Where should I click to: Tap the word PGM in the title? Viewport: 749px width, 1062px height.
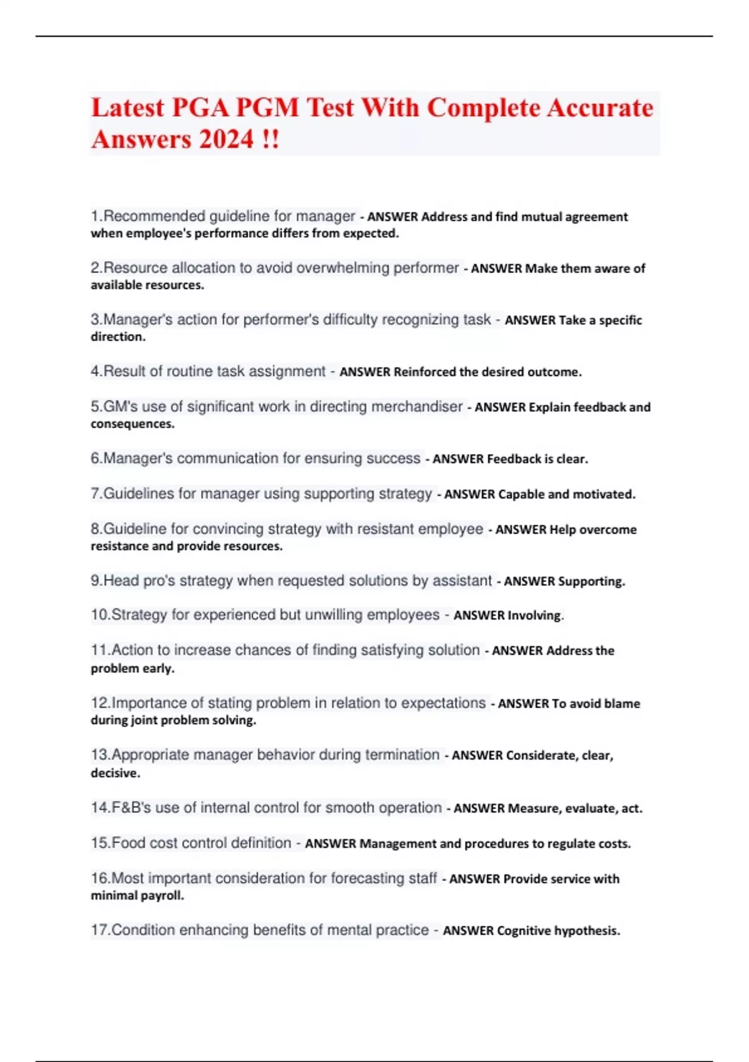tap(267, 107)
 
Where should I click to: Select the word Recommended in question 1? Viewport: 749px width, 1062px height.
tap(154, 216)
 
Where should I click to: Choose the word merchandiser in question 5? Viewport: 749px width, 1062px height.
tap(417, 407)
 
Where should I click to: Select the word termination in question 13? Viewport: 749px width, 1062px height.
tap(403, 755)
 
